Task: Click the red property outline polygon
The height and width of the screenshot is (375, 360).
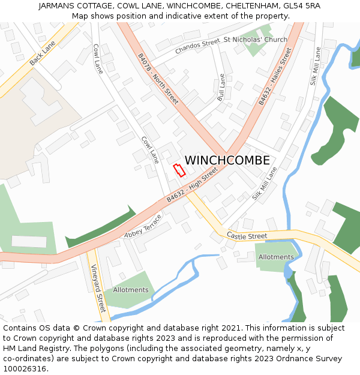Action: click(179, 170)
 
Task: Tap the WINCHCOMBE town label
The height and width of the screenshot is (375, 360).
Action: click(227, 161)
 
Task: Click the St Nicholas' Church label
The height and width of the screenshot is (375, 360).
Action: click(255, 40)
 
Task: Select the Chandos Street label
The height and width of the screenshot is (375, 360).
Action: click(197, 47)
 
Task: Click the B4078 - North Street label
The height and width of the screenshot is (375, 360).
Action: click(158, 79)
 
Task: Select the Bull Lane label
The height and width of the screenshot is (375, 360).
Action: click(221, 87)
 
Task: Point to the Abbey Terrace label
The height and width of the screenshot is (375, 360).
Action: click(143, 226)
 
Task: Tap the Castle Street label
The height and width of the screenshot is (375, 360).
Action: click(247, 236)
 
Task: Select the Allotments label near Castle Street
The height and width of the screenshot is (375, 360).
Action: click(276, 257)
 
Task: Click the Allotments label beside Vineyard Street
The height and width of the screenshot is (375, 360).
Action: click(131, 290)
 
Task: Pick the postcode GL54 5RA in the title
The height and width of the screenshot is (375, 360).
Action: click(301, 5)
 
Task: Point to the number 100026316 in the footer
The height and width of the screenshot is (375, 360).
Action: click(24, 369)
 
